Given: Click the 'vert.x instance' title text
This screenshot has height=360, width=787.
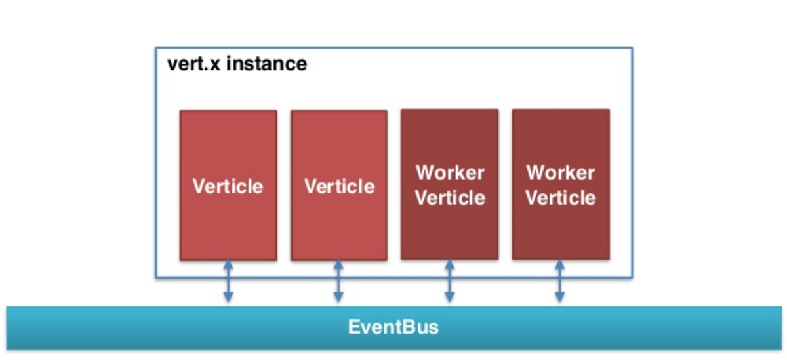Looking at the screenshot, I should (237, 64).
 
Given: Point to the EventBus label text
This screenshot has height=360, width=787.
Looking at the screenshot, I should (393, 327).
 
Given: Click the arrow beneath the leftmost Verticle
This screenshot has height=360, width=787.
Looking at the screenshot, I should (228, 281).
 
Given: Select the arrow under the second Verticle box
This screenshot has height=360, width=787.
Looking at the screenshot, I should (338, 281).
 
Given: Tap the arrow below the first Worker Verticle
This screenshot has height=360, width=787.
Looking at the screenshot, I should (450, 281).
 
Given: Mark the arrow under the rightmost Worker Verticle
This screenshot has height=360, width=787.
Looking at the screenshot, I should (560, 281).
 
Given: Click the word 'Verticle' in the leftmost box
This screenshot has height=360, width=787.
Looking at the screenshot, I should (228, 186).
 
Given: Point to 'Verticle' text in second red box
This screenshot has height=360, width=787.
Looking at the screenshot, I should (339, 186).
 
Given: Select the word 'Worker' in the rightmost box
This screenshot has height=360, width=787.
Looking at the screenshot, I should (561, 173).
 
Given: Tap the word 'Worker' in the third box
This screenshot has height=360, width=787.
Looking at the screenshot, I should (450, 173).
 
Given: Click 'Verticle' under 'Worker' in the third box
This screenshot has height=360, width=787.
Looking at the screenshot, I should (450, 197).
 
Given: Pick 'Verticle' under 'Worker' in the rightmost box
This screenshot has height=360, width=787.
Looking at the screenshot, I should (561, 197).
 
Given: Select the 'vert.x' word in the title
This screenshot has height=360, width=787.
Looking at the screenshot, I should (194, 64).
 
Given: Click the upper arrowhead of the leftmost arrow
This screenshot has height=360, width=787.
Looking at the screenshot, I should (228, 264).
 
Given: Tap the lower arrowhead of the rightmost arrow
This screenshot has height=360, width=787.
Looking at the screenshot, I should (560, 298).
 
